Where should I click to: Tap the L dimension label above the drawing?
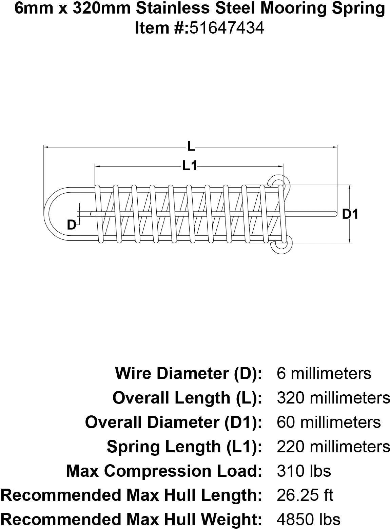coord(192,147)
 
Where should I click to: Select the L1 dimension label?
coord(190,166)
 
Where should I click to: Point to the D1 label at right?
coord(350,214)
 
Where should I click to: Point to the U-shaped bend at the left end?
coord(53,214)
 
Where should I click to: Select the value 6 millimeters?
coord(324,373)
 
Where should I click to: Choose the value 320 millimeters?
coord(333,398)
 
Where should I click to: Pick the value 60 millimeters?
coord(329,422)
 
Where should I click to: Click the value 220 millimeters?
coord(333,447)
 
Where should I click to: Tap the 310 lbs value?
coord(304,471)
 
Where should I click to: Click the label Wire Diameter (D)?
coord(189,373)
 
